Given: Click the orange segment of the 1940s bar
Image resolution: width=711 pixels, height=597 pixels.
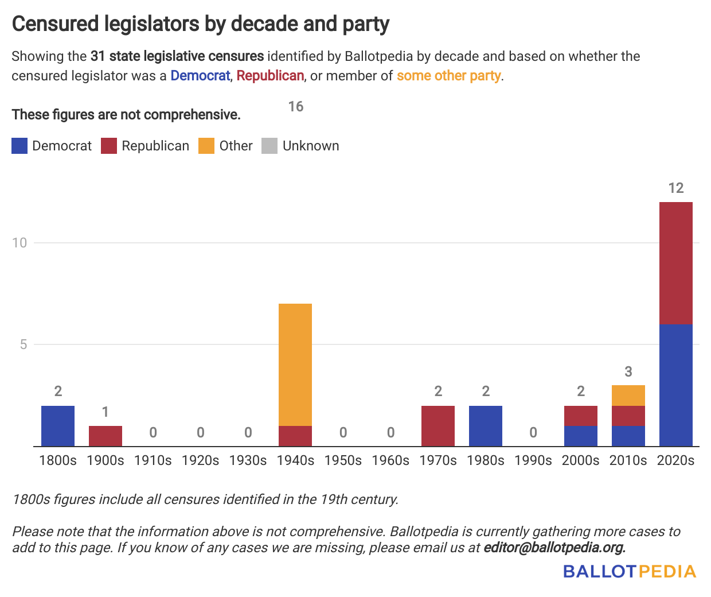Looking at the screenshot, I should pyautogui.click(x=295, y=365).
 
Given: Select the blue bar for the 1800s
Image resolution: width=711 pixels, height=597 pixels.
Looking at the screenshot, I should pyautogui.click(x=58, y=426).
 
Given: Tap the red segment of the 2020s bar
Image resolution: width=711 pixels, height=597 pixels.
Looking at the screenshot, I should pyautogui.click(x=676, y=263).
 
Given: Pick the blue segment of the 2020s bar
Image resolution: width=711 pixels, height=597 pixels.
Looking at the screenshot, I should pyautogui.click(x=676, y=385).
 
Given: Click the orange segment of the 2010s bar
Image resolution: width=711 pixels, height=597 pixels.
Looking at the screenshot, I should pyautogui.click(x=628, y=396).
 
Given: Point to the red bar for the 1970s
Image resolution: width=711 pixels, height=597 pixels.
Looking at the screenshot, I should pyautogui.click(x=438, y=426).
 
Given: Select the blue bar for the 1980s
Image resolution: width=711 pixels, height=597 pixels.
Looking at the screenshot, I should pyautogui.click(x=486, y=426).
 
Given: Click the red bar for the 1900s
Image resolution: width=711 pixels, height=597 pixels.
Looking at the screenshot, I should pyautogui.click(x=106, y=436).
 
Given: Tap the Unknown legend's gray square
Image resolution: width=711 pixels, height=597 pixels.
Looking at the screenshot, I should pyautogui.click(x=269, y=146).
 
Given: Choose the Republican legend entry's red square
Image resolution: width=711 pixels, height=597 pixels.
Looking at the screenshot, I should pyautogui.click(x=109, y=146).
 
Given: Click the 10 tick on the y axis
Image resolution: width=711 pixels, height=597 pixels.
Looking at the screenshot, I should pyautogui.click(x=19, y=243).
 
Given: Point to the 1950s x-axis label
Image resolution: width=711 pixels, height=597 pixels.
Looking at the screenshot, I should pyautogui.click(x=343, y=460).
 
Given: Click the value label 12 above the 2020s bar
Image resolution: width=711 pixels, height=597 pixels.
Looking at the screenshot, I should pyautogui.click(x=676, y=188).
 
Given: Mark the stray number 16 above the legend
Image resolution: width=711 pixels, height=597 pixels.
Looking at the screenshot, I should pyautogui.click(x=296, y=107).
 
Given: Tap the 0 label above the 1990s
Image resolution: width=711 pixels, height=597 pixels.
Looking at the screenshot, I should pyautogui.click(x=533, y=433).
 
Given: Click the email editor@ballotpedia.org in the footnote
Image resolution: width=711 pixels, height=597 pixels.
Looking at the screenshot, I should pyautogui.click(x=554, y=548).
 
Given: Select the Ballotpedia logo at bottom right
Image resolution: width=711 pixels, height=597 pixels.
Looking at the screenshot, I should pyautogui.click(x=629, y=571).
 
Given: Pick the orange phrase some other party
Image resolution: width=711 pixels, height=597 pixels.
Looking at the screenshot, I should pyautogui.click(x=449, y=76).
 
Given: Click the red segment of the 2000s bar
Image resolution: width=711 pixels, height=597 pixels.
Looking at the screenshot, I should pyautogui.click(x=581, y=416).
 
